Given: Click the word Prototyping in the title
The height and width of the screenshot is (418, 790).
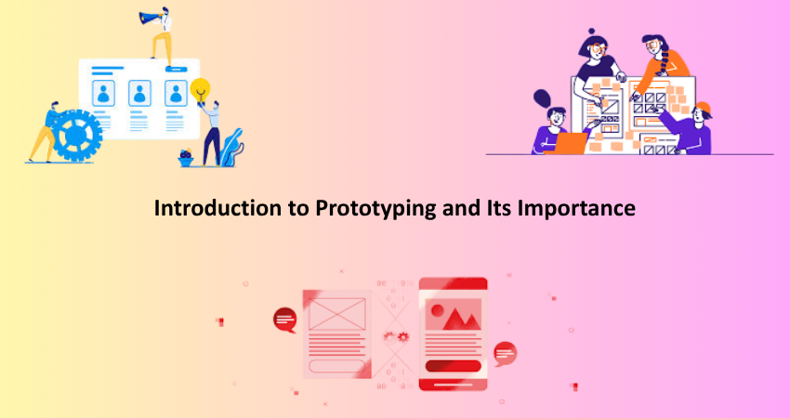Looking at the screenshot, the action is (375, 208).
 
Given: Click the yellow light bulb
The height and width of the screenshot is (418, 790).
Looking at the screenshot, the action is (200, 91).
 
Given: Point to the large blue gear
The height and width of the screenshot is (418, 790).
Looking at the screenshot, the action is (76, 135).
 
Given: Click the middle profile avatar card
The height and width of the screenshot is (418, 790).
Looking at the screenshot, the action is (139, 94).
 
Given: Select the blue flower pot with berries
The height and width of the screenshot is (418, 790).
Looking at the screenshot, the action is (186, 158).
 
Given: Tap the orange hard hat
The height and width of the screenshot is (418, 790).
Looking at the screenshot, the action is (703, 109).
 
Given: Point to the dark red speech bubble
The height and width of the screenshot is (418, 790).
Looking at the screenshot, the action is (285, 320).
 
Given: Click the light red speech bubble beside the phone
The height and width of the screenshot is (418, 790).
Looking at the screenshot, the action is (505, 354).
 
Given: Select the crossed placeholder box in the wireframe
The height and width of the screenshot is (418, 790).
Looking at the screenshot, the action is (337, 314).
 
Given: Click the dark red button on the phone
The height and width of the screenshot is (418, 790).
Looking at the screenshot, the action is (453, 366).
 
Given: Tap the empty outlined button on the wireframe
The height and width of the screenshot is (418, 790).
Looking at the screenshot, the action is (336, 366).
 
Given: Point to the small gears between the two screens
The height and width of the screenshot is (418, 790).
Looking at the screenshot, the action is (396, 337).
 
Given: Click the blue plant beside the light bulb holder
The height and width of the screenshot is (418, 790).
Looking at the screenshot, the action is (232, 147).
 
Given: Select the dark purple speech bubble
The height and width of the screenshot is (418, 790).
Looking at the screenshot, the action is (542, 98).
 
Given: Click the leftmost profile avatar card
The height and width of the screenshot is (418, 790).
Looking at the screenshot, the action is (103, 94).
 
